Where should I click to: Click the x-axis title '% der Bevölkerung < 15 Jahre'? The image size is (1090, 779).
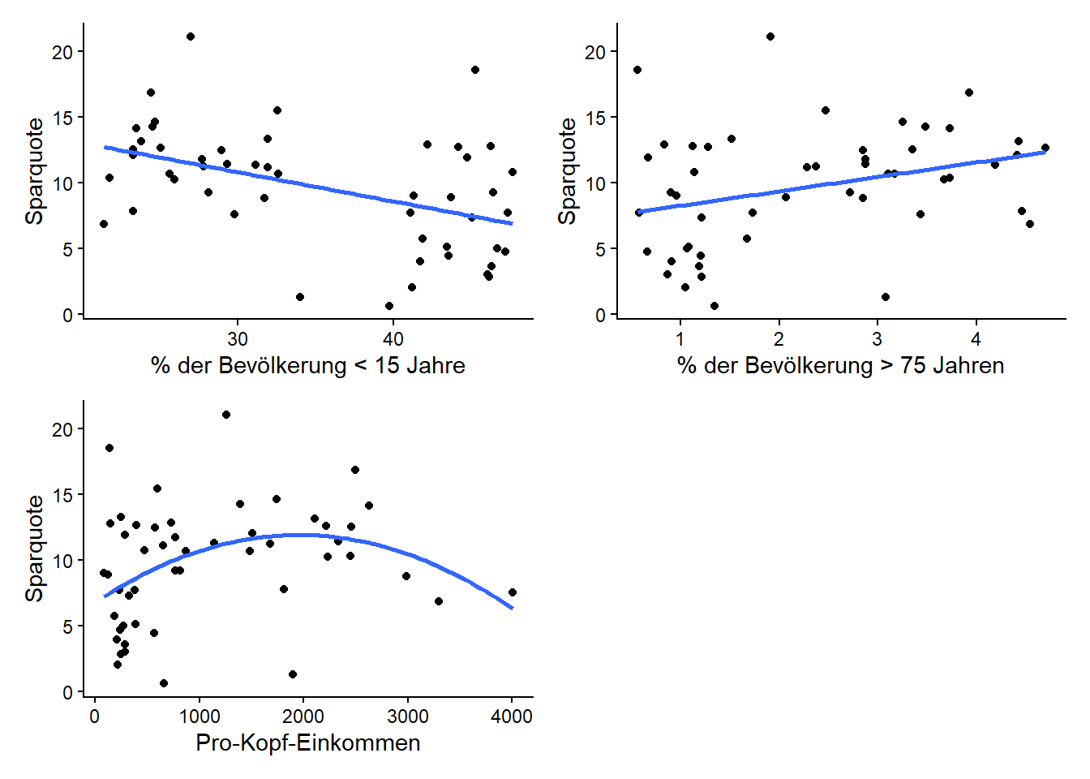pos(307,366)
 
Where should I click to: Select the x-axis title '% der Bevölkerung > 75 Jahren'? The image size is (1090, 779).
pos(840,366)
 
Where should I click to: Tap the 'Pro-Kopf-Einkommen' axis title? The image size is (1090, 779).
pos(307,743)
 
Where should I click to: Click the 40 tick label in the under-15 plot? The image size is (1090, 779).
pos(393,339)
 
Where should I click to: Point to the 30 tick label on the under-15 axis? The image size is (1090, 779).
pos(238,339)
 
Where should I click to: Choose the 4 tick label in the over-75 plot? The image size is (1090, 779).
pos(976,339)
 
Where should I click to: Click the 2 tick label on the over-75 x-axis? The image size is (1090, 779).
pos(779,339)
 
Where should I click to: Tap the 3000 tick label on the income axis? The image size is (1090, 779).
pos(407,717)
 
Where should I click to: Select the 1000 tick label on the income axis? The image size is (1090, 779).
pos(199,717)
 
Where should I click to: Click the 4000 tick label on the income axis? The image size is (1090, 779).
pos(512,717)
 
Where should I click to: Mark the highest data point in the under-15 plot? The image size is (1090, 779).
pos(191,37)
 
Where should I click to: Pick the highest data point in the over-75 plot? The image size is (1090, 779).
pos(770,37)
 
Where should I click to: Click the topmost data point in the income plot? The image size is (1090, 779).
pos(226,415)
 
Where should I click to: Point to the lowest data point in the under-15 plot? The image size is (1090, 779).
pos(389,306)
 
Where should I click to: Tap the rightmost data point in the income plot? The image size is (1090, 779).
pos(513,592)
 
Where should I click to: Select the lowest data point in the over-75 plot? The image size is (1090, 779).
pos(715,306)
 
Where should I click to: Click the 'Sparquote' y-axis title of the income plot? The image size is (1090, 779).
pos(35,549)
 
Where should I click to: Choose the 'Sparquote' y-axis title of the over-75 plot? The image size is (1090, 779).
pos(568,171)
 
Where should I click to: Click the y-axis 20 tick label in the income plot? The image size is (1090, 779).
pos(62,429)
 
